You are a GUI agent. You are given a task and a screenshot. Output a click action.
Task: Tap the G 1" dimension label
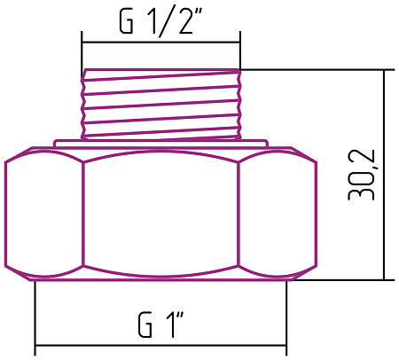161,325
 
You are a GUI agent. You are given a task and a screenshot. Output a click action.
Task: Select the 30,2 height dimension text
361,175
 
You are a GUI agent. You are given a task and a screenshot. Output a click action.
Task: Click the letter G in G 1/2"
126,21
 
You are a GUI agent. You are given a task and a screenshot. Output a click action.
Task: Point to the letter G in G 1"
145,325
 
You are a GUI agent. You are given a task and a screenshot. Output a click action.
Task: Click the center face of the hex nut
160,214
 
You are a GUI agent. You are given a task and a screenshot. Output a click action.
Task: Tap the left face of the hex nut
43,215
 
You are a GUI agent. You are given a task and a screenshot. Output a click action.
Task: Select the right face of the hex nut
278,215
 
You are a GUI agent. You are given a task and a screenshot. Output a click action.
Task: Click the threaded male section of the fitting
161,104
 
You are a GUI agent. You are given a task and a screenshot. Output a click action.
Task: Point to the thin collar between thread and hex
161,143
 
